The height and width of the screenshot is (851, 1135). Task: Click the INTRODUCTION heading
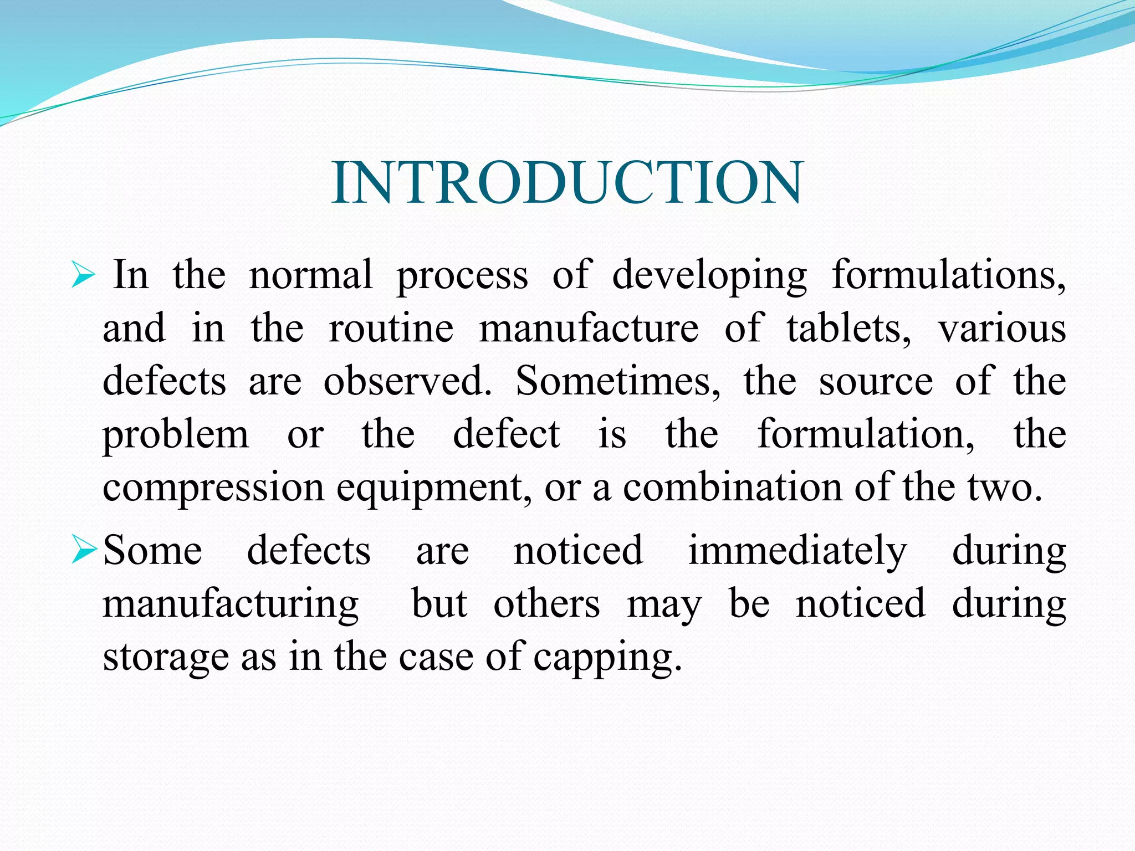567,183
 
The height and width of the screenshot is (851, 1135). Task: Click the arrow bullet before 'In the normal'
84,275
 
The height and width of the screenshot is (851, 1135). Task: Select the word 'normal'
310,275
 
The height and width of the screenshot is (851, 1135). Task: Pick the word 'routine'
391,329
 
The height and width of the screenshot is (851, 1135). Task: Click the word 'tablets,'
848,329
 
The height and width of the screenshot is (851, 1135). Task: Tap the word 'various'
1002,329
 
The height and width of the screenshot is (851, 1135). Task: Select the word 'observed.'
407,381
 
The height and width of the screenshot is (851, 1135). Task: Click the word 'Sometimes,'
618,381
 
